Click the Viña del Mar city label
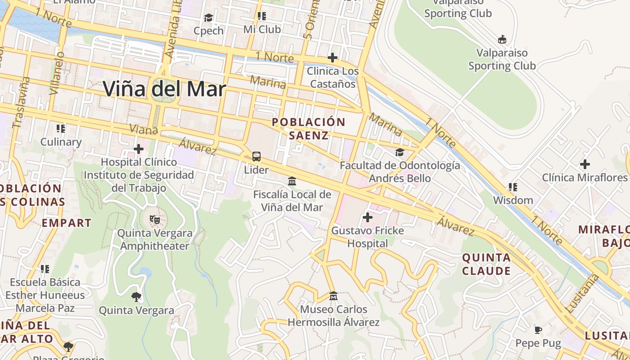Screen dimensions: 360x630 click(164, 89)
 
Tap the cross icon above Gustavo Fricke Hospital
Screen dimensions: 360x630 click(368, 218)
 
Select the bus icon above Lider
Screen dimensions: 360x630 click(256, 157)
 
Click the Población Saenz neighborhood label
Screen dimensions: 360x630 click(309, 128)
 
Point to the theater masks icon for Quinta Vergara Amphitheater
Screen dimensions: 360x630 click(155, 220)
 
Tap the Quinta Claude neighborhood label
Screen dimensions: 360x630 click(486, 264)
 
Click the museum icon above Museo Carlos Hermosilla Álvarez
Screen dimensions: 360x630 click(333, 296)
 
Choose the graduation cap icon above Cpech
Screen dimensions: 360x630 click(208, 18)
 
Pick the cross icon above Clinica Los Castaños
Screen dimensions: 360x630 click(333, 58)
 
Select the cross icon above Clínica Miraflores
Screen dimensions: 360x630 click(585, 164)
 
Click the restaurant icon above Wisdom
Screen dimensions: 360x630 click(513, 187)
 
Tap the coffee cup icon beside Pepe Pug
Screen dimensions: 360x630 click(538, 330)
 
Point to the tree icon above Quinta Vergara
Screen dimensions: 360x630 click(136, 297)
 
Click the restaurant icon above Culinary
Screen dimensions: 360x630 click(61, 129)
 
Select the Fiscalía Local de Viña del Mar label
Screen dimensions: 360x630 click(292, 201)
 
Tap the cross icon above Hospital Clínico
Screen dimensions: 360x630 click(139, 148)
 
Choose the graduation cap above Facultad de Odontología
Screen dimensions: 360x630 click(400, 152)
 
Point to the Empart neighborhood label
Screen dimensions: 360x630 click(67, 223)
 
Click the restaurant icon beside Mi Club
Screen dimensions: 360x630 click(262, 16)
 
